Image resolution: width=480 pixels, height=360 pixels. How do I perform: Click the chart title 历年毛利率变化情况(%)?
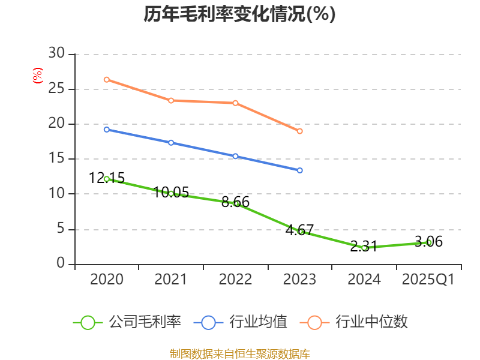[239, 14]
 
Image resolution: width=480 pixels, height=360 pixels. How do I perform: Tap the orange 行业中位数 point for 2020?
[107, 79]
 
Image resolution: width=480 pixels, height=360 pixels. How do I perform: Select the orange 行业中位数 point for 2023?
[300, 131]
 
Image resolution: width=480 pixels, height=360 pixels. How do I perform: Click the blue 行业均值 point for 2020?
[107, 129]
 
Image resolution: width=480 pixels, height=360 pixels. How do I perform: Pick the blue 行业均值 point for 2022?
[235, 156]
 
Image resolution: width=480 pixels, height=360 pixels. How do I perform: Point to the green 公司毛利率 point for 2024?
[364, 248]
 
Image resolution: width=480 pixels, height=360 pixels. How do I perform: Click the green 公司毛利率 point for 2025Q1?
[429, 242]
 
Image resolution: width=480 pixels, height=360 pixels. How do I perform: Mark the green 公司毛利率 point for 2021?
[171, 193]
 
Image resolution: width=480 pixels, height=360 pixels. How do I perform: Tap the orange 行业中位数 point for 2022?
[235, 103]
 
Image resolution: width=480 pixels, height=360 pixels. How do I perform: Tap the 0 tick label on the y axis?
[61, 264]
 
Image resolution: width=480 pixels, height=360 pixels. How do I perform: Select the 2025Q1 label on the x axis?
[428, 280]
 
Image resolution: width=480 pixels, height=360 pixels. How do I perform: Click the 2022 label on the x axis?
[235, 280]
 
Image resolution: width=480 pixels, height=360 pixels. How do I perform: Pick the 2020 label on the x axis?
[107, 280]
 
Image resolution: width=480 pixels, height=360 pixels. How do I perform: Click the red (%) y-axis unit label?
[38, 76]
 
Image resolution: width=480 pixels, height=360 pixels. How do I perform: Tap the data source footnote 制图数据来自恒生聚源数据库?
[239, 353]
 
